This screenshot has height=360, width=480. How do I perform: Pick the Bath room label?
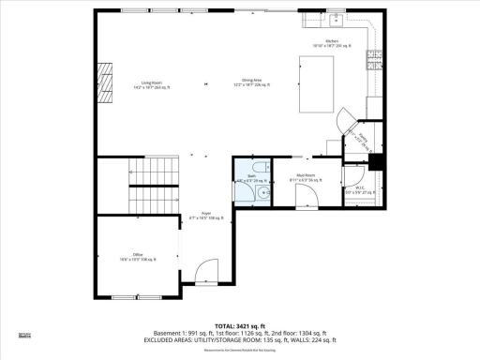[251, 178]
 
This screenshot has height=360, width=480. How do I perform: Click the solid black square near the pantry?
[376, 160]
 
